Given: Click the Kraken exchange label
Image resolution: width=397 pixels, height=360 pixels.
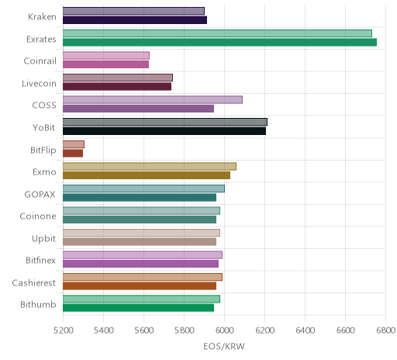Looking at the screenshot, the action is [x=42, y=17].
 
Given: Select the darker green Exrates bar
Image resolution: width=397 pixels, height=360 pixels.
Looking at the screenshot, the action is [x=219, y=42].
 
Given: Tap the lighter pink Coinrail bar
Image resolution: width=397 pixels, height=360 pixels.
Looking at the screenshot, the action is [x=106, y=56].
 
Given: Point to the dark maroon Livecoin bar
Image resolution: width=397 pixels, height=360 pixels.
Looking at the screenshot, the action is [x=117, y=86].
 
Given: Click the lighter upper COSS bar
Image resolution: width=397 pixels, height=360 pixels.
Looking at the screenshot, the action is [x=153, y=100].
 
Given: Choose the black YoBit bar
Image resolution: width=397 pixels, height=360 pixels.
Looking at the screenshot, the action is [x=164, y=131].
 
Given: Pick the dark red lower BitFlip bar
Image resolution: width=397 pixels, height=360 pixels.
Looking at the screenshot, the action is [x=73, y=153].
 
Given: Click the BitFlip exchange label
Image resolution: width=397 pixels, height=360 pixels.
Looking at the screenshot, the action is [x=43, y=150].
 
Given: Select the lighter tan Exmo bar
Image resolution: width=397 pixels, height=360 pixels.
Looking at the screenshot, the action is [x=150, y=166].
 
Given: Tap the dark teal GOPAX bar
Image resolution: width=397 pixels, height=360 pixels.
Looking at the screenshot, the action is [x=140, y=197].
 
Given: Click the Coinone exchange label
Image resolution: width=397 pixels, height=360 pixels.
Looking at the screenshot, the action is [x=38, y=216].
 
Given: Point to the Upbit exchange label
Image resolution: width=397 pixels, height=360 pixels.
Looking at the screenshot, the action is [x=43, y=238].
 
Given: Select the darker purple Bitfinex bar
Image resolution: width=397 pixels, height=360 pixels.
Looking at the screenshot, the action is [x=140, y=264].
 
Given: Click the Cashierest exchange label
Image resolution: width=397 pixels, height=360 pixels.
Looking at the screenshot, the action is [x=34, y=282].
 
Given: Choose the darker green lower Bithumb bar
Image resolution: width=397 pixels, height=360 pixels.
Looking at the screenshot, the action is [x=138, y=308].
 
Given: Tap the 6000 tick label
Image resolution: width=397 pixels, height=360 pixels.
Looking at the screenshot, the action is [x=224, y=331].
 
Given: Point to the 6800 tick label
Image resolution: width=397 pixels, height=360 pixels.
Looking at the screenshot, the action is [x=386, y=331].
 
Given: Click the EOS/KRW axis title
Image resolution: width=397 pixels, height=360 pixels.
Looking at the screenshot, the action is [x=224, y=346].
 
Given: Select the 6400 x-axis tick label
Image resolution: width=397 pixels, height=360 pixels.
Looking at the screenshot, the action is [x=305, y=331].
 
